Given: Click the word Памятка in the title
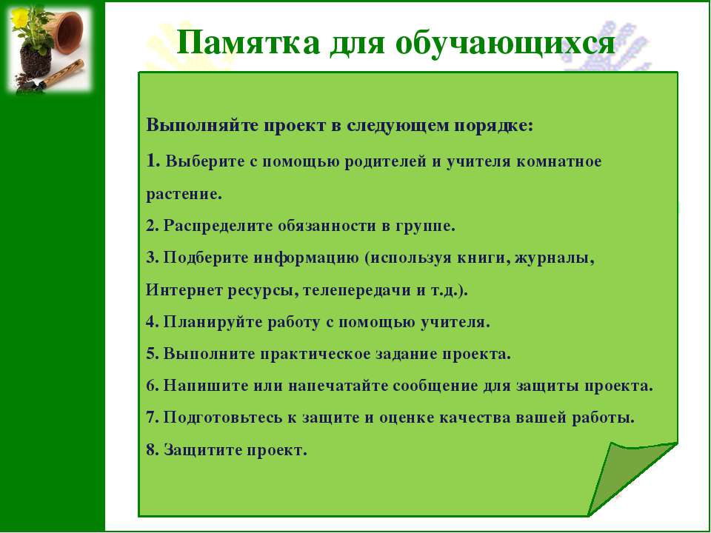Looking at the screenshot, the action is click(248, 43).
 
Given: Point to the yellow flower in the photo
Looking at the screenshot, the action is click(19, 17).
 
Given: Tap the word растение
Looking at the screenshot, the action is click(184, 195).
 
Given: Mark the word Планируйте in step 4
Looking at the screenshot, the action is click(213, 322).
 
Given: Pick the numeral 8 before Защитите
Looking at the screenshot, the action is click(151, 449).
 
